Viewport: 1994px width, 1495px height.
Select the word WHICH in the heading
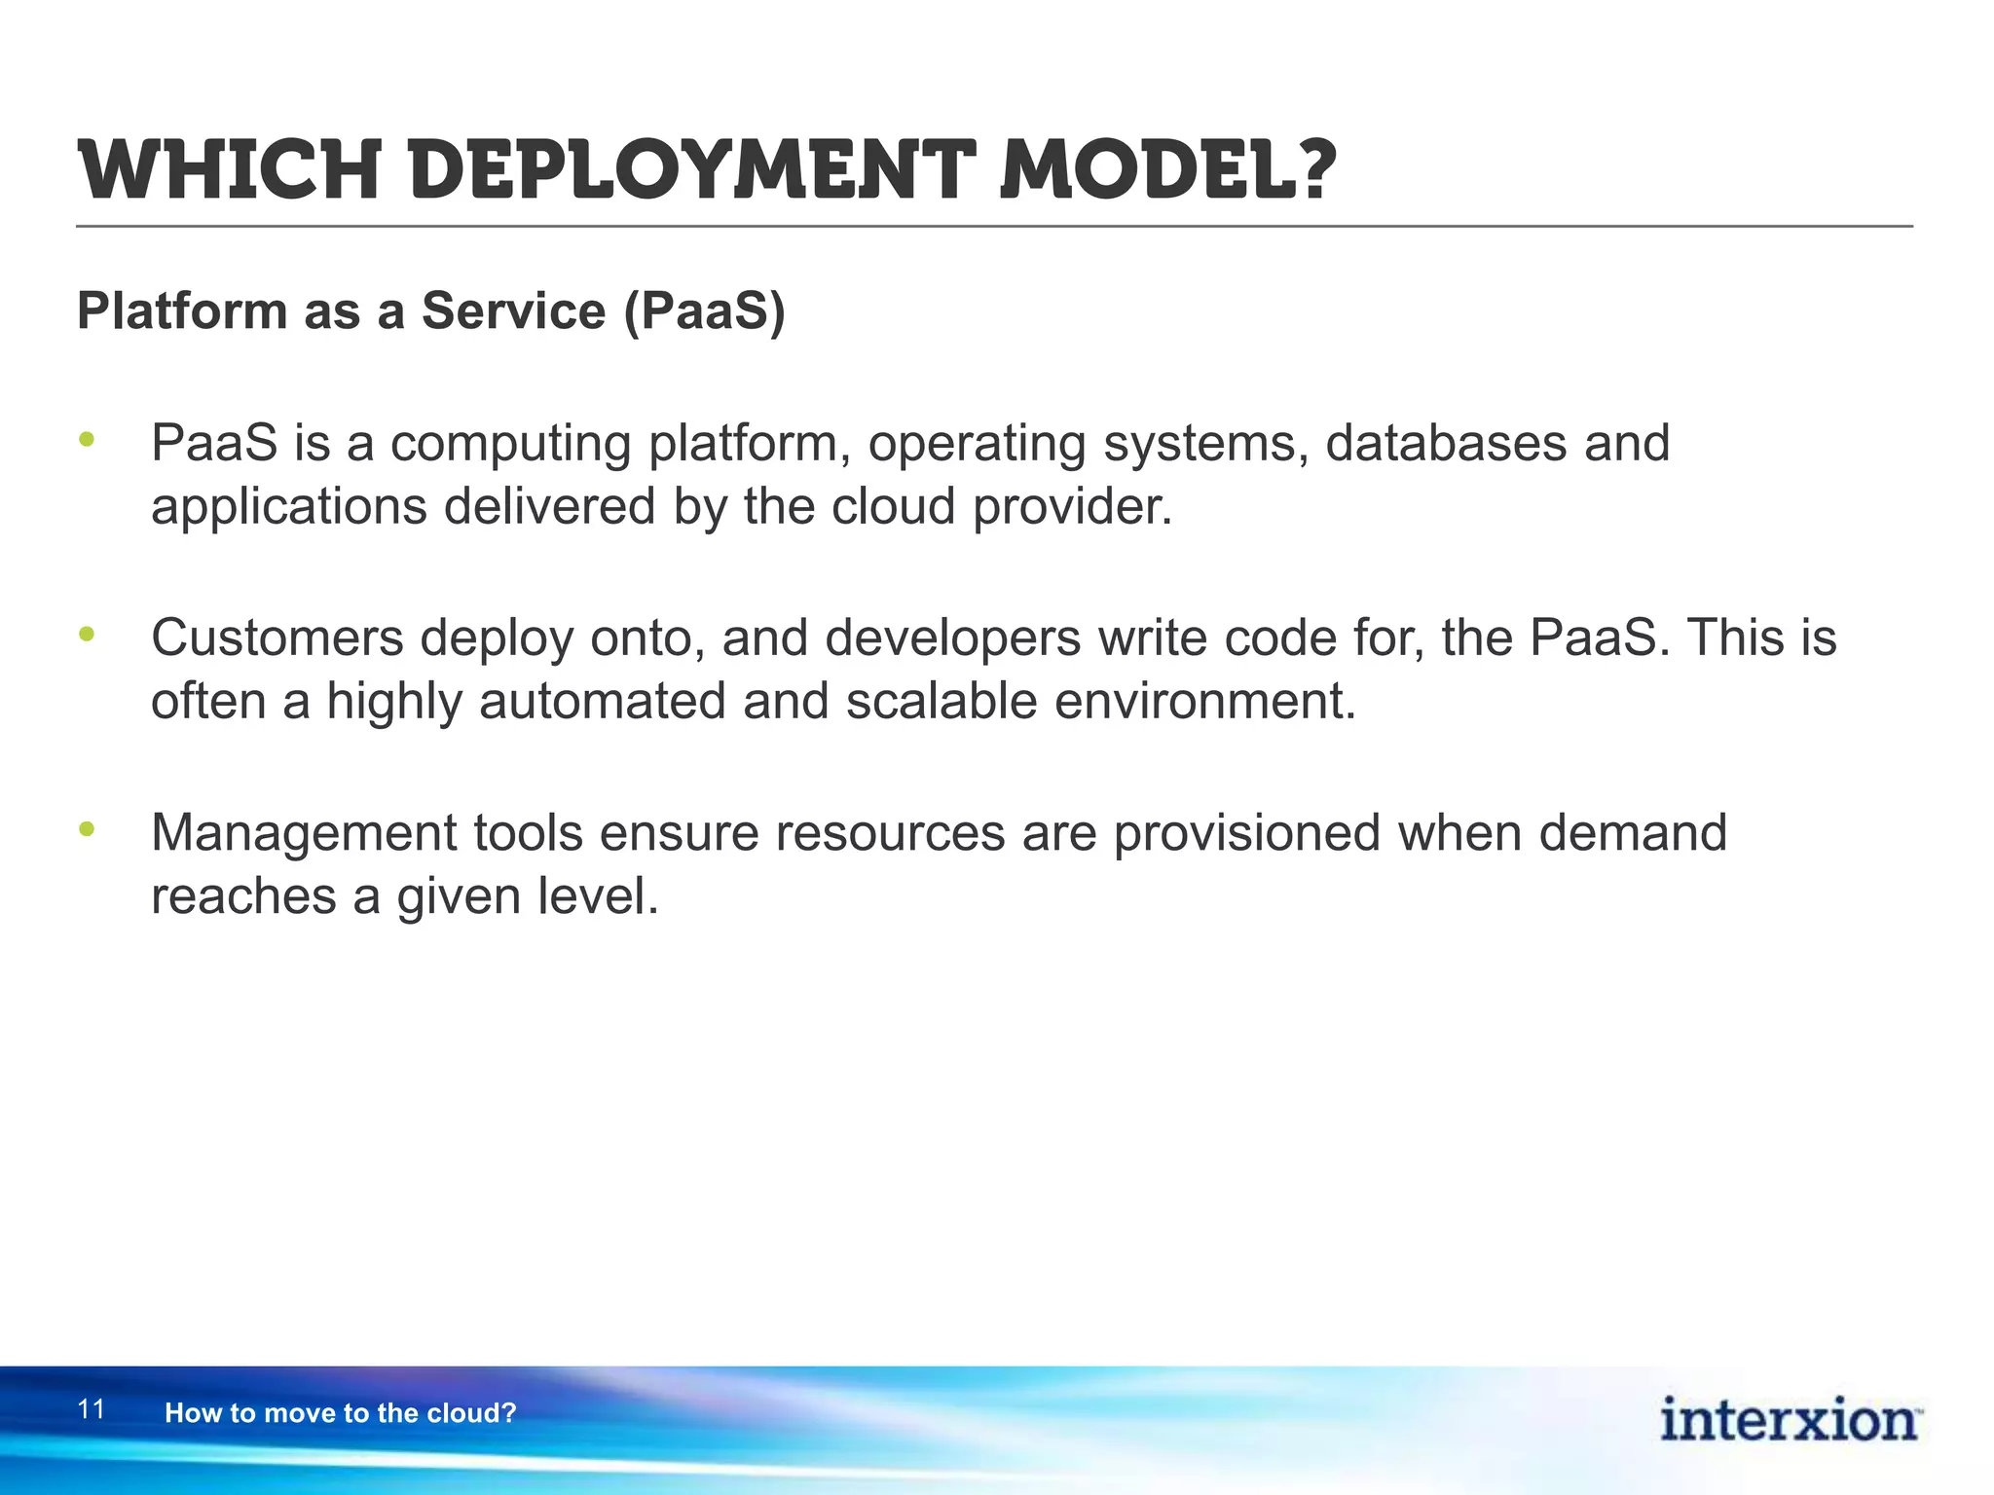[228, 171]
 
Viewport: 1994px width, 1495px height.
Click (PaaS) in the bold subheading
[703, 312]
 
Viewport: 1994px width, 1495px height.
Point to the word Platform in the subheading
[182, 312]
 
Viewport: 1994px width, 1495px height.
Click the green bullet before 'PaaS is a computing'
[88, 440]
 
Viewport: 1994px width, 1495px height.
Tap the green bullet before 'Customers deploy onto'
[88, 635]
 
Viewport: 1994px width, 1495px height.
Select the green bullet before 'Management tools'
[88, 829]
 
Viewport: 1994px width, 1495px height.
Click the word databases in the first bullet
[1445, 444]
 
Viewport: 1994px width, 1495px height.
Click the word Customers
[277, 638]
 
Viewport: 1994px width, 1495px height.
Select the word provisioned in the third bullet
[1246, 833]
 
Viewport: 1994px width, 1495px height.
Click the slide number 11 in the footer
[91, 1409]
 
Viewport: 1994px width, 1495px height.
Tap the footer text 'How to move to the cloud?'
[340, 1413]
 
